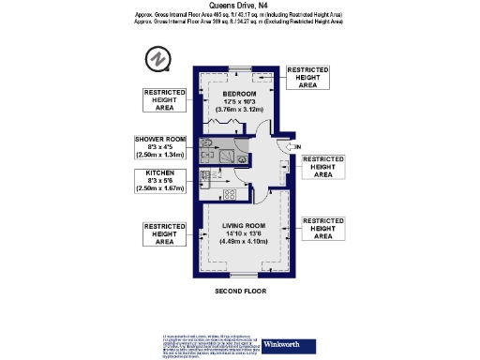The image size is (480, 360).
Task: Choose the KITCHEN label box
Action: click(162, 181)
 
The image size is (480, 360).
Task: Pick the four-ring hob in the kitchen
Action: click(229, 194)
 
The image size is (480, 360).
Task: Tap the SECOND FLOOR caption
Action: click(240, 292)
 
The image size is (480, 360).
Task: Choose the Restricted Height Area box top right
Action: click(308, 78)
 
